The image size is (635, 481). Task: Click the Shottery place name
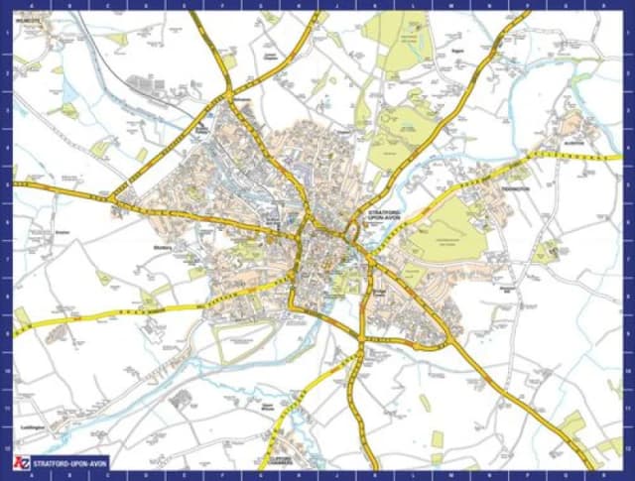coord(165,247)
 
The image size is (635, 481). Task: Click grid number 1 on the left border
coord(6,30)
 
